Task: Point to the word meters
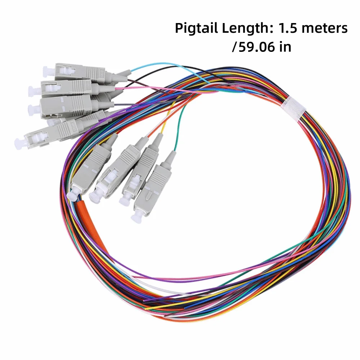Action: coord(325,28)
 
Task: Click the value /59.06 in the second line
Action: coord(253,47)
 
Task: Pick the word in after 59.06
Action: coord(285,46)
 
